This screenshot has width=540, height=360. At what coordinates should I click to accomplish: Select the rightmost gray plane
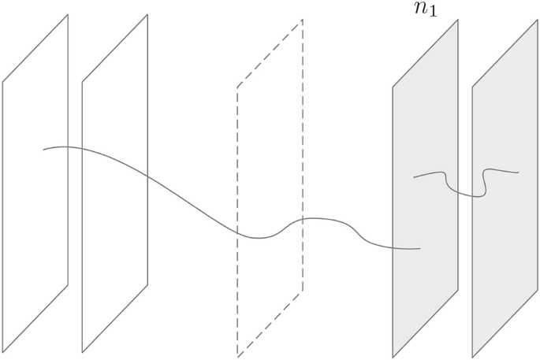pyautogui.click(x=505, y=260)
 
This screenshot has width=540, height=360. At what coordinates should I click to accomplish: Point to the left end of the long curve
pyautogui.click(x=43, y=149)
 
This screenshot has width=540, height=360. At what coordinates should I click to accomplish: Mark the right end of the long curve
pyautogui.click(x=420, y=249)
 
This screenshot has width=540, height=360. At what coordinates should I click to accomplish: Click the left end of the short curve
pyautogui.click(x=414, y=176)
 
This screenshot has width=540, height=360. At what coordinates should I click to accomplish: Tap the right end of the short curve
pyautogui.click(x=519, y=172)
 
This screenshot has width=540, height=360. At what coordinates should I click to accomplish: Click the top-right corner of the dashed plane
pyautogui.click(x=302, y=20)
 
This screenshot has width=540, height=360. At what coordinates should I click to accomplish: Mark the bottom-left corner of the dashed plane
pyautogui.click(x=237, y=356)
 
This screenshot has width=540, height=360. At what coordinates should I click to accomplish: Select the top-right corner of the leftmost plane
pyautogui.click(x=68, y=14)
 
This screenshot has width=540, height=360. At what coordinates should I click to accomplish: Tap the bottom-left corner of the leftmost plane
pyautogui.click(x=2, y=351)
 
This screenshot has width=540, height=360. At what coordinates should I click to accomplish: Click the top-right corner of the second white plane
pyautogui.click(x=147, y=14)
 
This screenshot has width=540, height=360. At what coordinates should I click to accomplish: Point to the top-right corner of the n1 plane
pyautogui.click(x=458, y=20)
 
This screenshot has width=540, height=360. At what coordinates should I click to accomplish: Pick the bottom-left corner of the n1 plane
pyautogui.click(x=393, y=357)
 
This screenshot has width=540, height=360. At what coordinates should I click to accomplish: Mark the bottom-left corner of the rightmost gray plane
pyautogui.click(x=472, y=357)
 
